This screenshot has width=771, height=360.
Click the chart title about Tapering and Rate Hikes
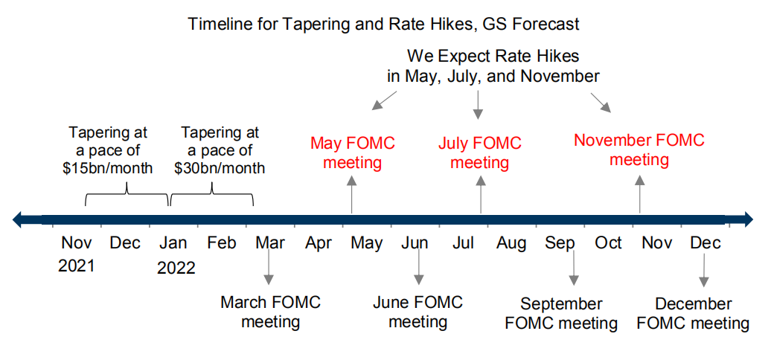click(x=384, y=24)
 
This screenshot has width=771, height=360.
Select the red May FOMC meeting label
click(x=353, y=152)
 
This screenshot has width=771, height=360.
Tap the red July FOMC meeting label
click(x=480, y=152)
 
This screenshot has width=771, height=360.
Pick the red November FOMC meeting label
click(x=639, y=150)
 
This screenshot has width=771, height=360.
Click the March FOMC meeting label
click(x=270, y=312)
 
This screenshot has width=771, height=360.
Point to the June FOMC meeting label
click(x=418, y=312)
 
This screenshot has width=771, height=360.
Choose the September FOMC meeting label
click(x=561, y=313)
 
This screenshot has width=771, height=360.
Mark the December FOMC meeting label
click(x=694, y=313)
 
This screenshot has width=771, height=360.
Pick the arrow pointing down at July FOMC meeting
click(x=478, y=105)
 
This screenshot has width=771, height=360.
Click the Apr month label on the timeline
click(x=319, y=243)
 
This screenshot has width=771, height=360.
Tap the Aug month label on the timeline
click(x=511, y=243)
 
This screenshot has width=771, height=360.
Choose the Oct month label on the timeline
click(x=608, y=243)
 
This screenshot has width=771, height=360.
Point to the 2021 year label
click(x=76, y=266)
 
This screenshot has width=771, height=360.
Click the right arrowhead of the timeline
click(x=746, y=219)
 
